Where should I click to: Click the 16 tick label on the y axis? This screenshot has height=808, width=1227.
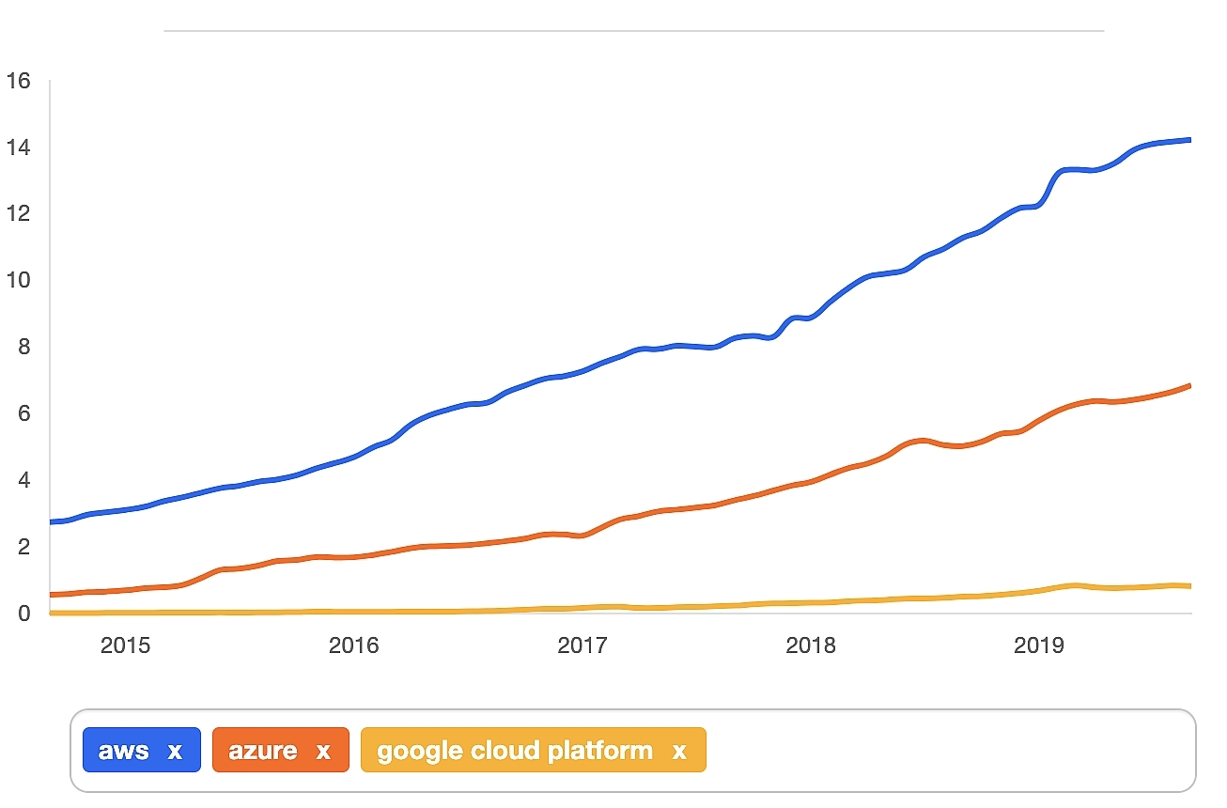click(x=18, y=82)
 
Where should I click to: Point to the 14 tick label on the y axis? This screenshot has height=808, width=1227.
click(x=18, y=148)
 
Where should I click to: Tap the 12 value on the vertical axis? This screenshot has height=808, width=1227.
click(x=18, y=214)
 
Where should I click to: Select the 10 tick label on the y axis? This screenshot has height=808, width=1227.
click(x=18, y=281)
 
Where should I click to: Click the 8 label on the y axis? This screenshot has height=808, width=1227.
click(x=23, y=348)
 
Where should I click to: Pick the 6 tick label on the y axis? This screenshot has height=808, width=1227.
click(x=23, y=413)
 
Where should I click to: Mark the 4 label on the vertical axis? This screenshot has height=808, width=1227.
click(x=23, y=480)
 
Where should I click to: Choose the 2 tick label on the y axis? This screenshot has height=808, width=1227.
click(x=23, y=547)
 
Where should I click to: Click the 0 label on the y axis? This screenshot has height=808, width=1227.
click(x=23, y=614)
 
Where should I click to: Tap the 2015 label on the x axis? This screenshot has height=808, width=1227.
click(x=126, y=646)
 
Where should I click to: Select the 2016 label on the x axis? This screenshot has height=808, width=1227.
click(x=354, y=646)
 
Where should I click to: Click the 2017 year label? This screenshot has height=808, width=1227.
click(x=582, y=646)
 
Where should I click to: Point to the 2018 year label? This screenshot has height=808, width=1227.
click(x=811, y=646)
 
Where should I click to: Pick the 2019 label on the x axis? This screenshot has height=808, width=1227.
click(x=1039, y=646)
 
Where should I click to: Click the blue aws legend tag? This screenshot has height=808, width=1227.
click(x=124, y=751)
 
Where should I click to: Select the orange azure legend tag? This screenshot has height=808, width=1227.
click(x=263, y=751)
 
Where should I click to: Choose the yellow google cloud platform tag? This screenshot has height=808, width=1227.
click(x=514, y=751)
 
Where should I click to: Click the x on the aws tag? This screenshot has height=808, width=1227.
click(x=175, y=752)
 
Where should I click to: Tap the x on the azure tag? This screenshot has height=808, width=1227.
click(x=323, y=752)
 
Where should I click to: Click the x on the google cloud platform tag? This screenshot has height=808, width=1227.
click(x=679, y=752)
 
